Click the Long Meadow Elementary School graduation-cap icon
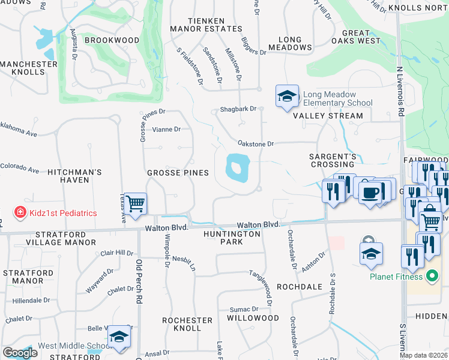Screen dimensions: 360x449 point(287,96)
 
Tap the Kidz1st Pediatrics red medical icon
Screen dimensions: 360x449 point(20,212)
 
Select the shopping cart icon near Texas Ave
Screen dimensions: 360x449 point(136,203)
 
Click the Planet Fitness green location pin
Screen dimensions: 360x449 point(431,277)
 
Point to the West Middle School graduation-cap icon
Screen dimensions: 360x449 point(119,338)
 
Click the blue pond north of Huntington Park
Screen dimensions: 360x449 point(237,167)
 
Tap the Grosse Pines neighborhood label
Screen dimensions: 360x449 point(178,173)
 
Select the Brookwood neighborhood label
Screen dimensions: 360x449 point(112,40)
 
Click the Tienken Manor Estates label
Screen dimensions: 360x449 point(197,24)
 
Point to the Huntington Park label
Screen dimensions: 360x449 point(223,238)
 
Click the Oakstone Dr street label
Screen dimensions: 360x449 point(256,144)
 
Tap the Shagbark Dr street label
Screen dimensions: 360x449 point(238,109)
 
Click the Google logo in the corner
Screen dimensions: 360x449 point(20,353)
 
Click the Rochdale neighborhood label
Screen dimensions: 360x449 point(300,287)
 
